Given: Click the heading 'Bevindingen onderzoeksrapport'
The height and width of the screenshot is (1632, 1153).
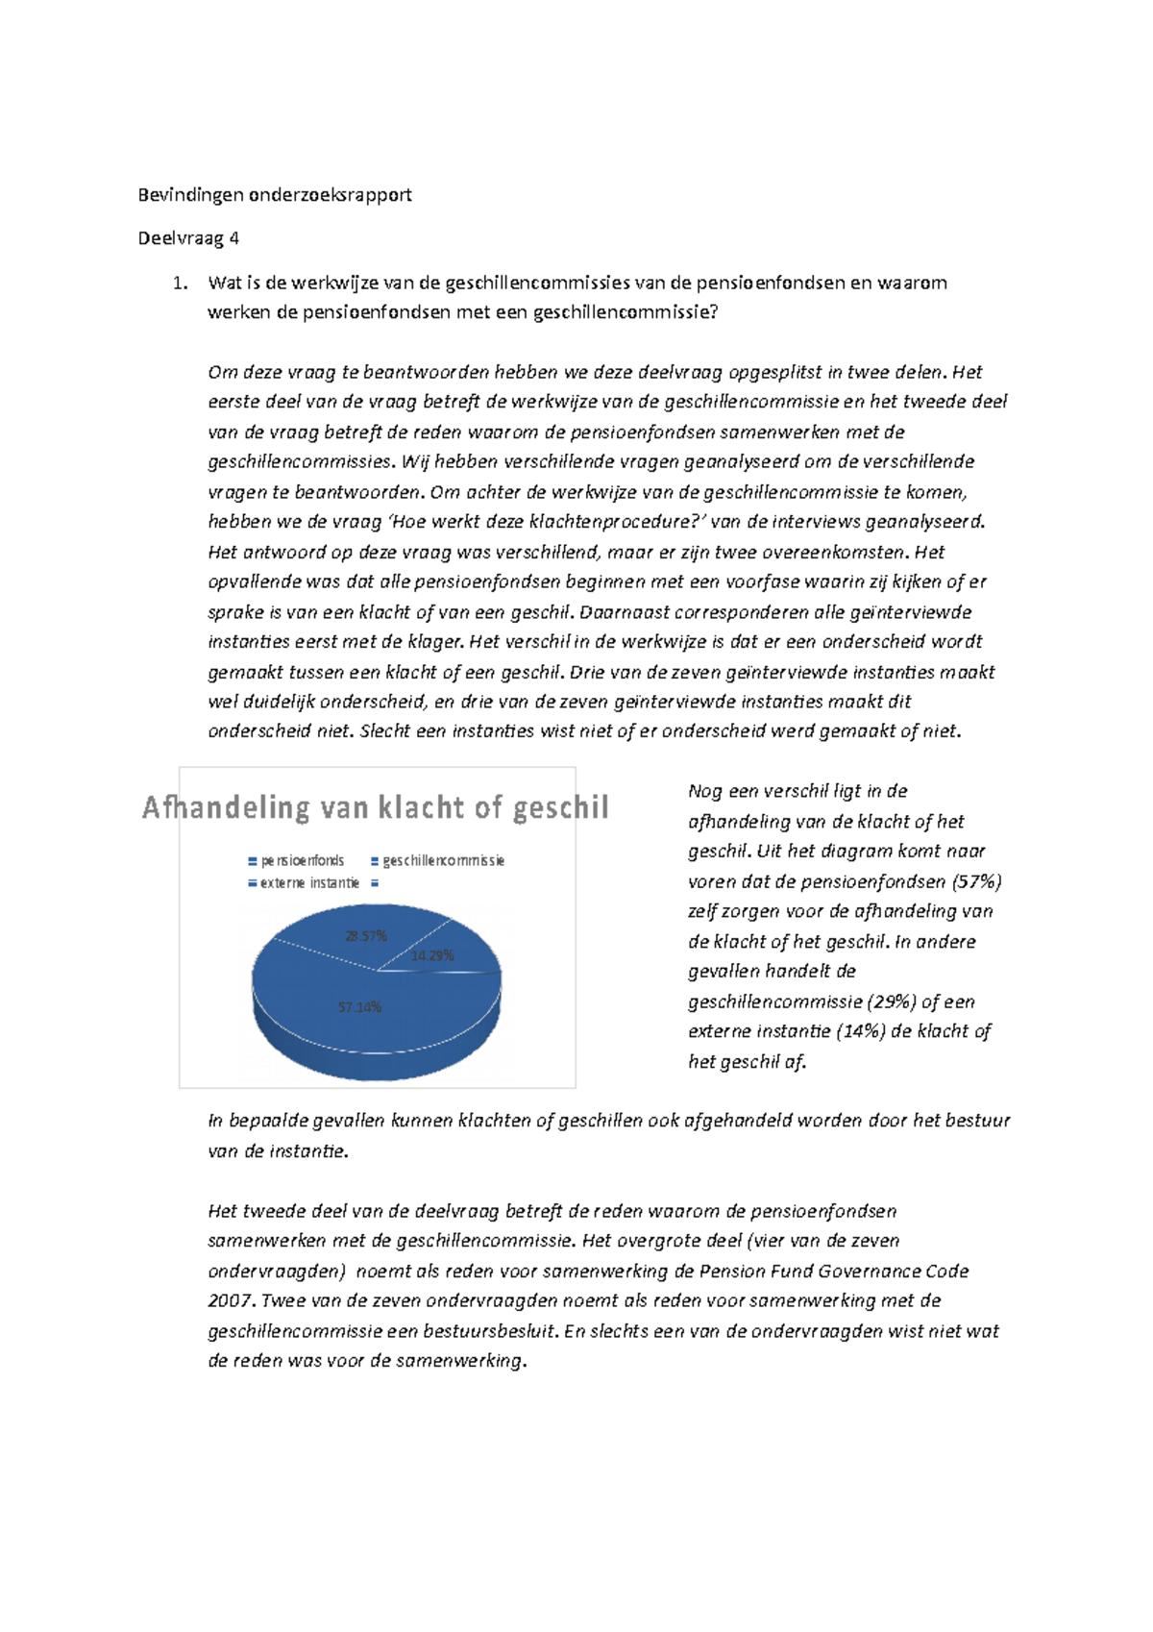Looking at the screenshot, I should [275, 195].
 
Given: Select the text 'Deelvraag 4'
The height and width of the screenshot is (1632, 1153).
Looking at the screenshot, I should [188, 238].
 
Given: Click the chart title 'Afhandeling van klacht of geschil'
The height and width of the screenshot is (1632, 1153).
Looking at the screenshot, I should [376, 807].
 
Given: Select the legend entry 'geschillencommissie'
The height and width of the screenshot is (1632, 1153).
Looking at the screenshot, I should [443, 861].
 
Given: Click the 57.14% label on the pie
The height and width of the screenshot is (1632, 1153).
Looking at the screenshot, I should [359, 1007].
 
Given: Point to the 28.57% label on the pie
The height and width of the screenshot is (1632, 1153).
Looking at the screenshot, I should [365, 936].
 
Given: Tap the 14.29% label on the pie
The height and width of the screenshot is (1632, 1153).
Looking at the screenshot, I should [432, 956].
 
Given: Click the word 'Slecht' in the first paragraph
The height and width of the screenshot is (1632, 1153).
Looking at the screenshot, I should [380, 731].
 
